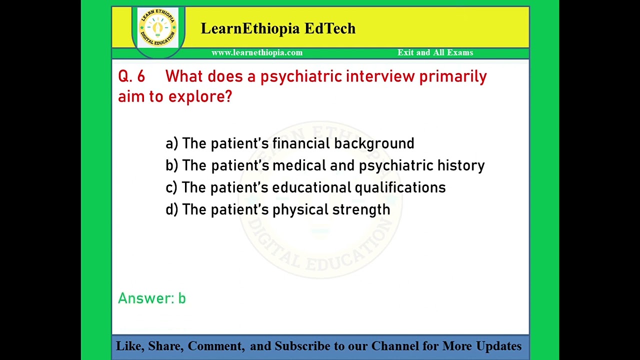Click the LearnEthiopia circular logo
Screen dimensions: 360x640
(x=157, y=27)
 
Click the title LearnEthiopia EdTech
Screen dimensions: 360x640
(x=278, y=28)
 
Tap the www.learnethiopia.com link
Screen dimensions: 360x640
(x=256, y=52)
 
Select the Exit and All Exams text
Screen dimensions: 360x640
(x=435, y=52)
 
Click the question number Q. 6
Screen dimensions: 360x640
(x=131, y=76)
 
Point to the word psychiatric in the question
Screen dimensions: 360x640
(x=301, y=76)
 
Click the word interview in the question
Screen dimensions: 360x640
(x=380, y=76)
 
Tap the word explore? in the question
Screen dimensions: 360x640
(x=200, y=96)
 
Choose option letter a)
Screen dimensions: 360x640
(x=171, y=143)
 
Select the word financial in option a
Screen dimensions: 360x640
(x=301, y=143)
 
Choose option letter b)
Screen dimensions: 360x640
(x=171, y=165)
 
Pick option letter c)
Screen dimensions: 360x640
(x=171, y=187)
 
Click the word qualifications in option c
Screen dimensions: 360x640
(x=400, y=187)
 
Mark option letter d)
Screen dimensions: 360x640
(x=171, y=209)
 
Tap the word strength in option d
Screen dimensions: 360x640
(x=361, y=209)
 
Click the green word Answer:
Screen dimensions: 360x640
(x=145, y=298)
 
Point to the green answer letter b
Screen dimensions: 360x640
(x=182, y=298)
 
